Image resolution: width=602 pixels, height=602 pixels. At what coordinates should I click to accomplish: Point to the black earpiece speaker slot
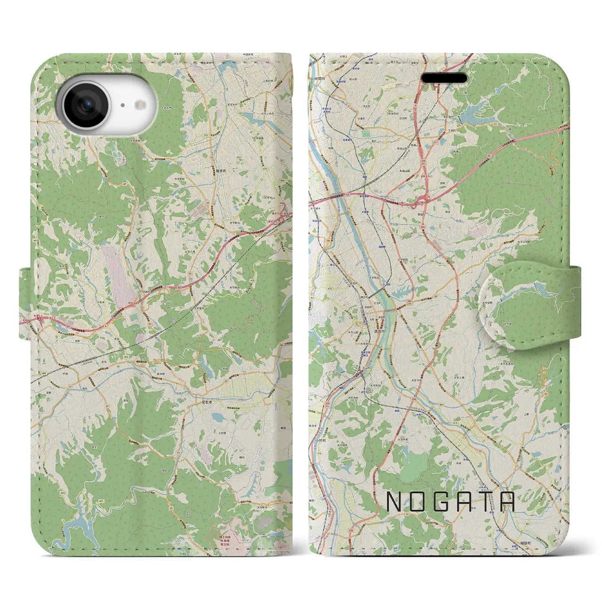click(x=444, y=78)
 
